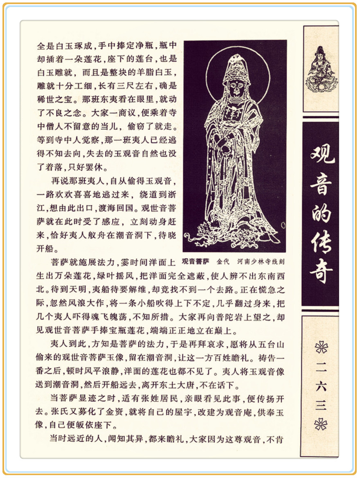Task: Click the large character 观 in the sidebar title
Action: (322, 153)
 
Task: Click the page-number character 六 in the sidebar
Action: (322, 387)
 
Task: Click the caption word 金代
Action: (223, 261)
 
